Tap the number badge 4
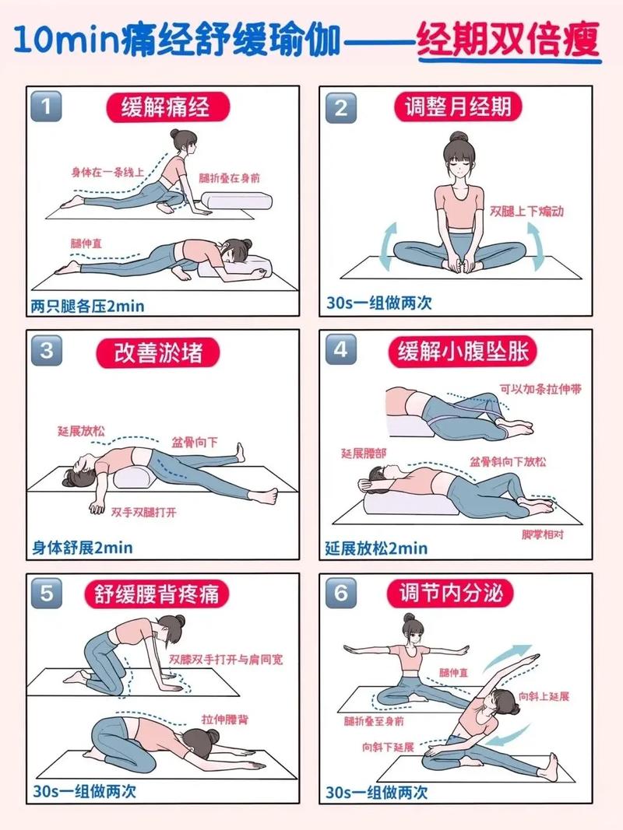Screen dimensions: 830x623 coord(340,350)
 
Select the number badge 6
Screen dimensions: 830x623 coord(340,594)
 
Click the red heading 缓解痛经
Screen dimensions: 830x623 coord(165,107)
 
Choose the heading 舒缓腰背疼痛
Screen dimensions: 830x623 coord(157,595)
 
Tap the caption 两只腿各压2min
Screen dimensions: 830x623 coord(88,306)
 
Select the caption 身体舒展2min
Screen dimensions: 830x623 coord(82,548)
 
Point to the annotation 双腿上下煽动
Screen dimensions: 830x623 coord(526,212)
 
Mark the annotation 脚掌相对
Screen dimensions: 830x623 coord(540,535)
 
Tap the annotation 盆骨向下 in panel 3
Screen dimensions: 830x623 coord(195,443)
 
